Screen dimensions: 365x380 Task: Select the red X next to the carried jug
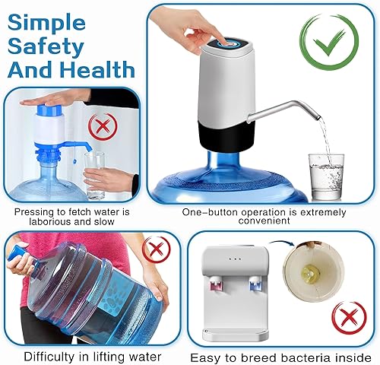(157, 248)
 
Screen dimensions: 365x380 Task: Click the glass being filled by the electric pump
(325, 174)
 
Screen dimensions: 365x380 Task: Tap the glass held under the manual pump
(94, 163)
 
